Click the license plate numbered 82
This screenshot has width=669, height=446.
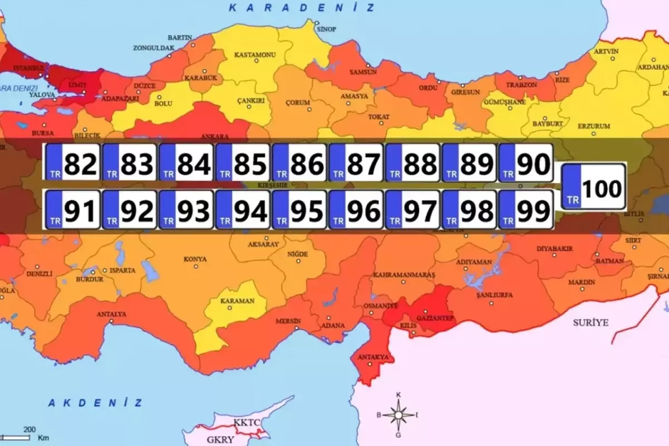click(x=72, y=162)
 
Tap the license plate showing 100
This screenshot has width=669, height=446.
click(x=593, y=186)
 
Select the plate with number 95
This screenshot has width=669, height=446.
click(x=299, y=210)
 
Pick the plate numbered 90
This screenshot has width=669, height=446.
click(x=525, y=162)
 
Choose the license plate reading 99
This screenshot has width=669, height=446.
click(x=525, y=210)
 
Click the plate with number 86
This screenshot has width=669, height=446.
click(x=299, y=162)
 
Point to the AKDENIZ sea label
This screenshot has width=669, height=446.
click(x=95, y=403)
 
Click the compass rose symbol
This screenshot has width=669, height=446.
click(x=399, y=414)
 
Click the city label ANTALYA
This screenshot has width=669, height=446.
click(x=111, y=314)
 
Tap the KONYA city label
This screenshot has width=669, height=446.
click(x=195, y=259)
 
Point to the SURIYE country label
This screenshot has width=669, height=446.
click(x=591, y=323)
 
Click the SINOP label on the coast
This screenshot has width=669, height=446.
click(x=326, y=29)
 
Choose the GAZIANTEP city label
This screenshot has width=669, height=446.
click(x=438, y=318)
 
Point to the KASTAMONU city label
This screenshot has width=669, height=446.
click(x=255, y=55)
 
